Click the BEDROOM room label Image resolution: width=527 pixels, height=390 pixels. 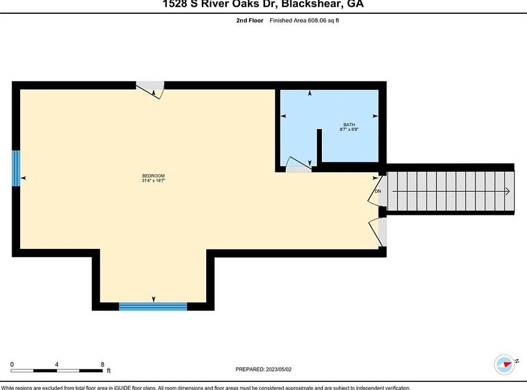154,175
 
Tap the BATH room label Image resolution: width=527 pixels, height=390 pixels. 349,124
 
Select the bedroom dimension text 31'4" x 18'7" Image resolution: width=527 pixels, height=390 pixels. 154,181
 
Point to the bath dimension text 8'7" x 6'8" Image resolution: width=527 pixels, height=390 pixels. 349,130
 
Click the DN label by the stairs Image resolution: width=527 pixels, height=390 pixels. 378,191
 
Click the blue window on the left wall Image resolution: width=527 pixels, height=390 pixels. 16,168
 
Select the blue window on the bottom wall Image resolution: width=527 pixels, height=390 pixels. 153,306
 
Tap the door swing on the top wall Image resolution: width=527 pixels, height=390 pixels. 152,90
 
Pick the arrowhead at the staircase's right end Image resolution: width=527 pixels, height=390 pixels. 508,191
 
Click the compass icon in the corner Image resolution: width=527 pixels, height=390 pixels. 504,364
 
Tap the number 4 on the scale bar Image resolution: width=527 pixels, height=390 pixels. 57,364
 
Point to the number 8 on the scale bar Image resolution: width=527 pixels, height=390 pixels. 102,364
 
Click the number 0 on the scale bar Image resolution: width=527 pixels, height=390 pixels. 12,364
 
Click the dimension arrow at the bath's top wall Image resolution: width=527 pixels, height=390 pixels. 310,93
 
